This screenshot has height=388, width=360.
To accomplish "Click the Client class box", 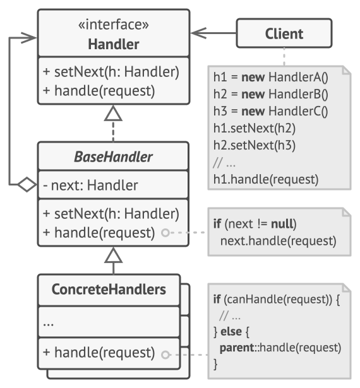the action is (x=284, y=33).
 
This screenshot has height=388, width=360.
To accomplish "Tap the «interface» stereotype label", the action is (x=114, y=25).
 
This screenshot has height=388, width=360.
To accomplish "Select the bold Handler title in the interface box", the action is (x=114, y=44).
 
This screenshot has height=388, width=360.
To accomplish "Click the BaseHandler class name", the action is (x=113, y=157).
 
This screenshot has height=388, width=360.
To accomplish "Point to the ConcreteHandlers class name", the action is (x=109, y=290).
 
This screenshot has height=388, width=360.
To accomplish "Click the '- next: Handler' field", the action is (x=90, y=185).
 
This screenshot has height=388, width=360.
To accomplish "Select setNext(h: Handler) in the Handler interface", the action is (x=116, y=72).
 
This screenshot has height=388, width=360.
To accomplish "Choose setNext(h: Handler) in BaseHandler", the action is (x=116, y=214).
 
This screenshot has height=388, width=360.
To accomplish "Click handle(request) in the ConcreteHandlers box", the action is (x=105, y=353).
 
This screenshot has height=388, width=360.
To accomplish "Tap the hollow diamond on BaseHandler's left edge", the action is (x=27, y=184).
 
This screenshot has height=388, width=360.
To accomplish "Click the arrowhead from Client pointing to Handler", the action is (x=199, y=33).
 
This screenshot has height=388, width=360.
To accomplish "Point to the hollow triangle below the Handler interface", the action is (x=113, y=113).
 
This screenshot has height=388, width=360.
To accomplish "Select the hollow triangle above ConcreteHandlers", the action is (x=113, y=255).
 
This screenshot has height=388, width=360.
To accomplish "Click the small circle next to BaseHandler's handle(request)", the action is (x=165, y=233).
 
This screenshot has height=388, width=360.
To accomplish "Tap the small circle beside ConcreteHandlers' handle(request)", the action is (x=165, y=355).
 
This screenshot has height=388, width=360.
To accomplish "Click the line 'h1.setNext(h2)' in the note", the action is (x=255, y=128).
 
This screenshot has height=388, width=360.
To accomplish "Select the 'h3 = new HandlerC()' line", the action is (x=271, y=111).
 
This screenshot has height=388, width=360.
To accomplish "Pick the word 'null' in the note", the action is (x=282, y=223).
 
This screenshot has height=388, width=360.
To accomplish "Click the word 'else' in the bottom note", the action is (x=231, y=331).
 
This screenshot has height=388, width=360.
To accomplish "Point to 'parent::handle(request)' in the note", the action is (x=280, y=348).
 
